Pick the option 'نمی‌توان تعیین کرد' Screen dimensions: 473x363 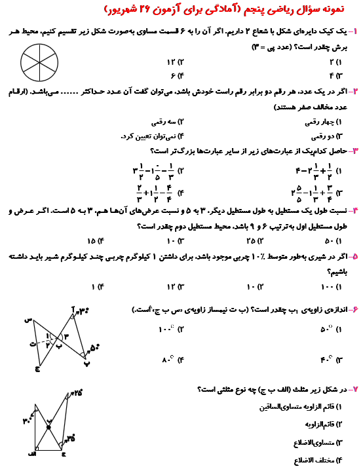pyautogui.click(x=153, y=137)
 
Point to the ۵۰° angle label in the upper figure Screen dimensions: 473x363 pyautogui.click(x=94, y=348)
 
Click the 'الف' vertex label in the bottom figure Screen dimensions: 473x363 pyautogui.click(x=31, y=453)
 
